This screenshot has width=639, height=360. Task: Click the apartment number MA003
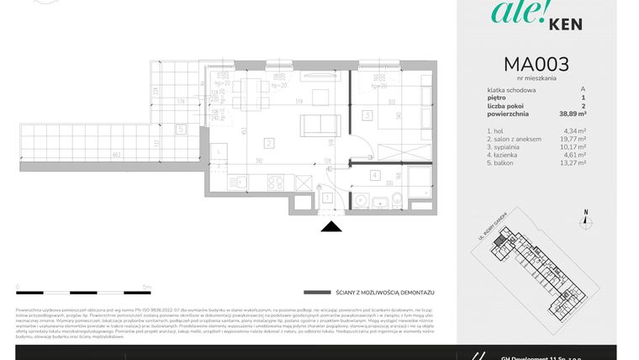pos(536,64)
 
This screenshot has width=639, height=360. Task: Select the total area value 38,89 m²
pos(571,113)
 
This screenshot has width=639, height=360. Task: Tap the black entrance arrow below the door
pos(332,225)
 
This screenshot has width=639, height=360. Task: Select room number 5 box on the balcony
pos(181,130)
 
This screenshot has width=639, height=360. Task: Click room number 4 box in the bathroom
pos(374,175)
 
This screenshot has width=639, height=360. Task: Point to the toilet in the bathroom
pos(395,199)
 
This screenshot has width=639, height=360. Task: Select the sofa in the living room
pos(314,124)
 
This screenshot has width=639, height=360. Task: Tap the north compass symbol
pos(586,221)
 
